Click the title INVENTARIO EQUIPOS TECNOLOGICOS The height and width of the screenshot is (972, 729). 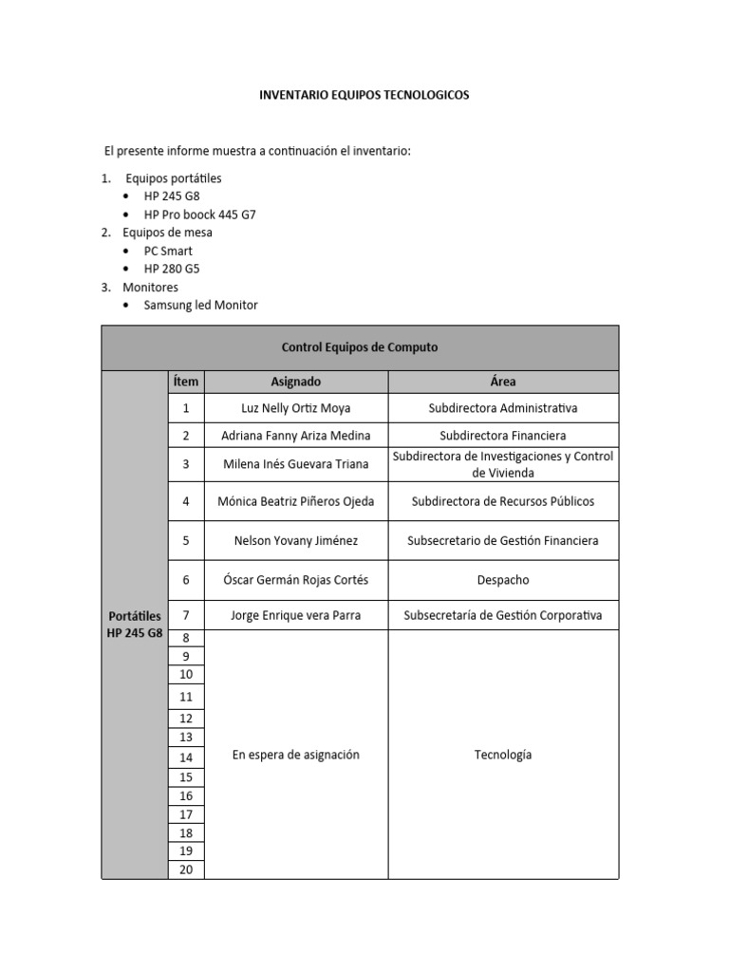click(364, 95)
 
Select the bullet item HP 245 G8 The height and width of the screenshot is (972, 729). click(172, 196)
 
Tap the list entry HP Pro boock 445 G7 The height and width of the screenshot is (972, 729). click(199, 215)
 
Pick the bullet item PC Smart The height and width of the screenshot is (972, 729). click(168, 251)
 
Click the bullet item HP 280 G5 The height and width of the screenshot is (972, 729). click(172, 269)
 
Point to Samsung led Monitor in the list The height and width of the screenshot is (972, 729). click(200, 305)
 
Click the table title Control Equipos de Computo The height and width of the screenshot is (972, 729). click(360, 347)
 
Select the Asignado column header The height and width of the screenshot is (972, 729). click(296, 382)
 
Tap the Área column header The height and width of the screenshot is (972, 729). click(503, 382)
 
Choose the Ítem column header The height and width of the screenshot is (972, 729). click(186, 382)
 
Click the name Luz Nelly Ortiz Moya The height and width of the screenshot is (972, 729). click(296, 408)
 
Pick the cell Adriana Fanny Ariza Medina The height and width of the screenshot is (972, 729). click(296, 436)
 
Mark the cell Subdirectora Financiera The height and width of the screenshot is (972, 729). click(503, 436)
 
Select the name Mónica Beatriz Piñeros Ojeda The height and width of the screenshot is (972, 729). click(296, 501)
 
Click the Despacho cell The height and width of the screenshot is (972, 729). click(503, 580)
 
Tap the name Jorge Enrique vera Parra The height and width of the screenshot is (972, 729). click(296, 615)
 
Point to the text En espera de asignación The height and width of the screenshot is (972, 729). click(296, 755)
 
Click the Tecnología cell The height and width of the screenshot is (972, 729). click(503, 755)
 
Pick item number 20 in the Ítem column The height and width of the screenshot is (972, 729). click(186, 869)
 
